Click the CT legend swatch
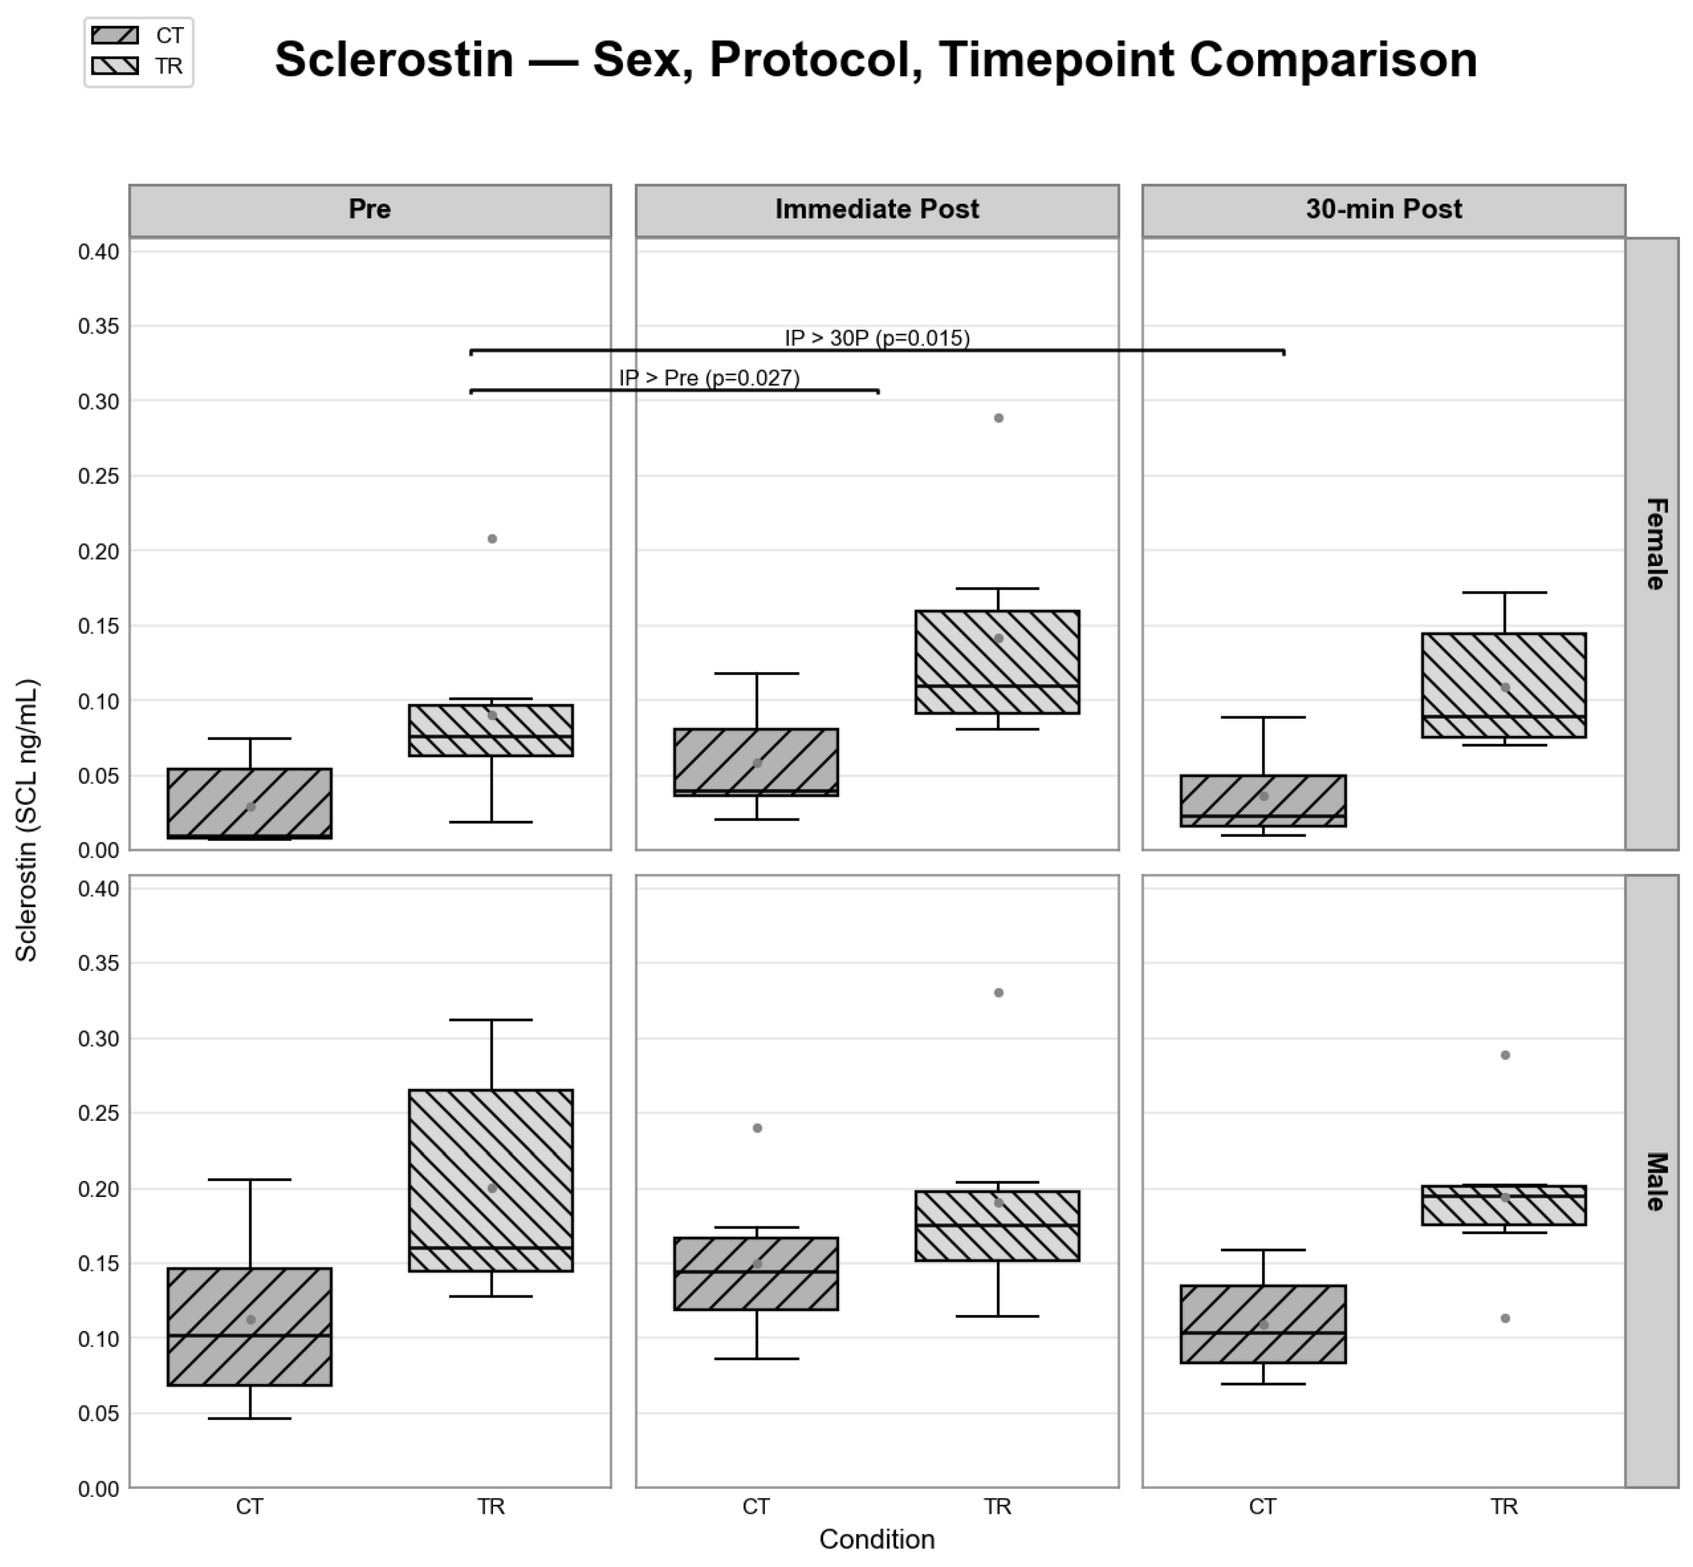click(114, 36)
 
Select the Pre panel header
click(370, 209)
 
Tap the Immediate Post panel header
click(877, 209)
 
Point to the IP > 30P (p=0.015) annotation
click(877, 338)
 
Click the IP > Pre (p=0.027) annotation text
click(709, 378)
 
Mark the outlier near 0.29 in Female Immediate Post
click(999, 418)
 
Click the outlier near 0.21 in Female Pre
click(492, 539)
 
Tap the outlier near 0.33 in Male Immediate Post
click(999, 993)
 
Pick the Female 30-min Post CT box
click(1263, 801)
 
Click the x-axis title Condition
click(877, 1539)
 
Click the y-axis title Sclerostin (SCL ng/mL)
click(27, 820)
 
